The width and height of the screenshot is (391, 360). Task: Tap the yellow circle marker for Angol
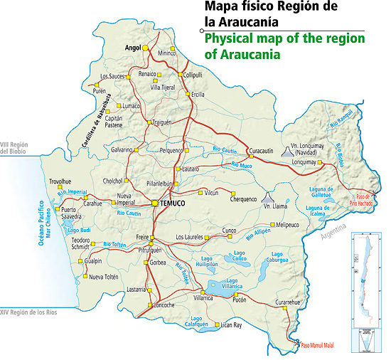(144, 48)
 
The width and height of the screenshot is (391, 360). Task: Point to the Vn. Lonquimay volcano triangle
(286, 151)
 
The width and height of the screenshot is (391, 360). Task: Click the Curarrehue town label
(293, 302)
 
